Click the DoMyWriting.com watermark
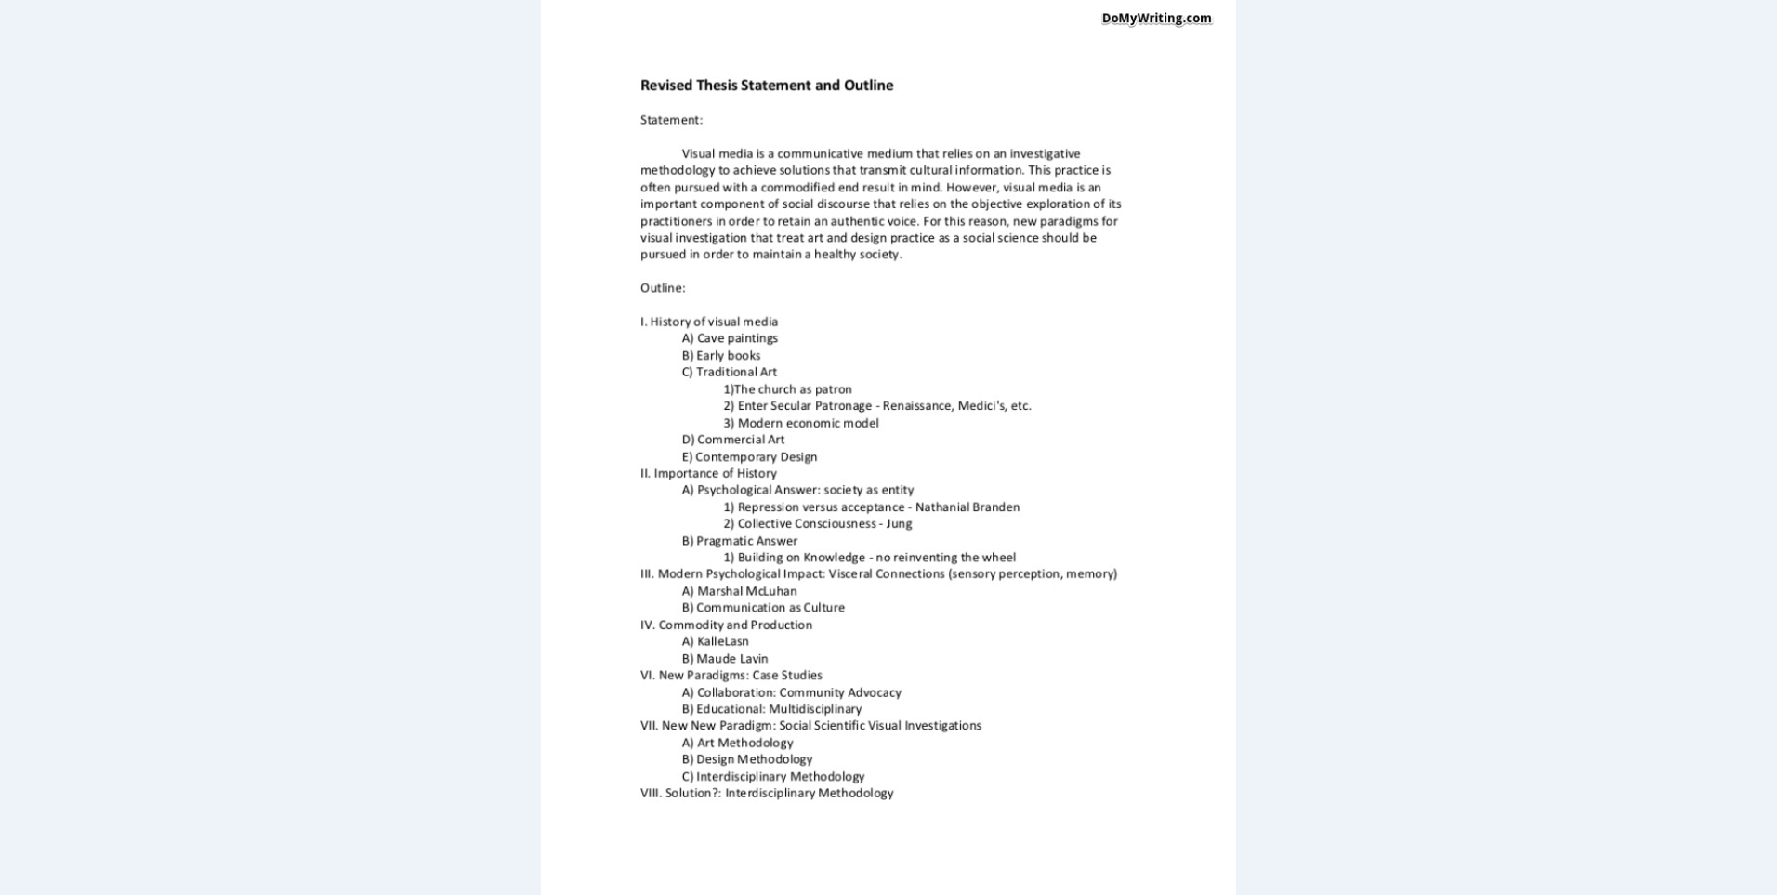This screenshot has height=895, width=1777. tap(1156, 19)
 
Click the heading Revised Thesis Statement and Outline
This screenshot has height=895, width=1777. tap(767, 86)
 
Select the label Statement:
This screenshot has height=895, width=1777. tap(671, 120)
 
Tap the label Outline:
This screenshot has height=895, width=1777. tap(663, 288)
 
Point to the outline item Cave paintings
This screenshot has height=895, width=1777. tap(737, 338)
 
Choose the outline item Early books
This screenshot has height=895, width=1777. tap(728, 355)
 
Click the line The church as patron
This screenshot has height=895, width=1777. tap(792, 389)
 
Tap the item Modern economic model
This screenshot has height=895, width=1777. tap(808, 423)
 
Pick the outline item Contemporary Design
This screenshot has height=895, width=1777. tap(756, 457)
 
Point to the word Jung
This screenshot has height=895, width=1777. tap(899, 524)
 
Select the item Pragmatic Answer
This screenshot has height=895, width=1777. tap(746, 541)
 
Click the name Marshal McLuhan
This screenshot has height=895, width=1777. tap(746, 591)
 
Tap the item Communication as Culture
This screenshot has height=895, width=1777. tap(770, 608)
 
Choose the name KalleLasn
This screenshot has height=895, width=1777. tap(722, 641)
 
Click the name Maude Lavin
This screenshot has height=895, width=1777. tap(731, 659)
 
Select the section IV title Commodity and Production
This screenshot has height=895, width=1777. tap(735, 625)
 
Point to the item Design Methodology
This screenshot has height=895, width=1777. tap(754, 759)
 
